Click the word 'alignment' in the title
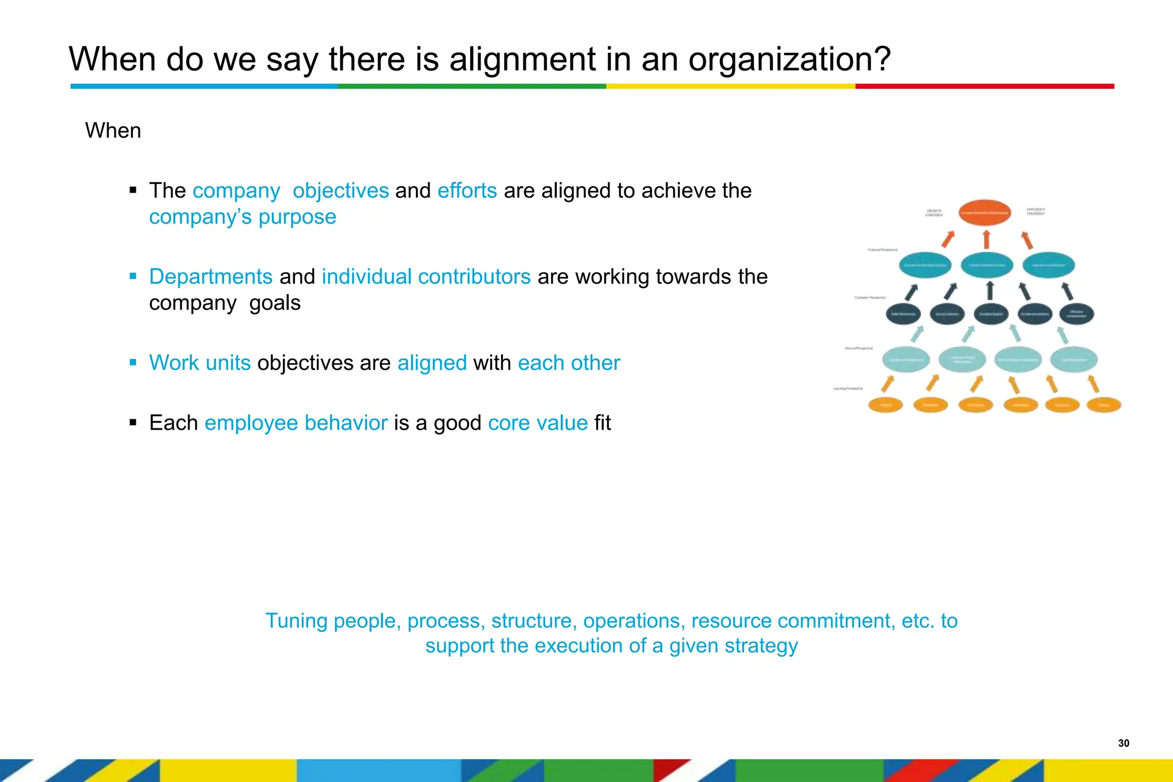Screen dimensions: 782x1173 [x=522, y=59]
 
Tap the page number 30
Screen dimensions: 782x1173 [x=1123, y=743]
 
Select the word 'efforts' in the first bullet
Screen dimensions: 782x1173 [x=467, y=191]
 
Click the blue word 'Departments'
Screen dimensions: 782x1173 [x=210, y=277]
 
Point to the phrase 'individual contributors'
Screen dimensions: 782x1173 [x=426, y=277]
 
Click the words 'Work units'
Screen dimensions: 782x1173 [x=199, y=363]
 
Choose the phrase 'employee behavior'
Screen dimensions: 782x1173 [x=296, y=423]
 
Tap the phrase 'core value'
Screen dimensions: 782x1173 [x=537, y=423]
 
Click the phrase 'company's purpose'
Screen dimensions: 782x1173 [x=242, y=217]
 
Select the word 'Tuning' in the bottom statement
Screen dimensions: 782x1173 [x=296, y=621]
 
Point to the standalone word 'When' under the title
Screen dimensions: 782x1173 [x=113, y=131]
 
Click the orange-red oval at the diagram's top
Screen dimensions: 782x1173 [x=985, y=213]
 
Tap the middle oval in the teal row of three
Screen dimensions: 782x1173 [x=986, y=265]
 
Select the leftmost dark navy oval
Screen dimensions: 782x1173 [x=903, y=314]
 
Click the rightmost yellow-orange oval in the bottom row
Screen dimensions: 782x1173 [x=1104, y=405]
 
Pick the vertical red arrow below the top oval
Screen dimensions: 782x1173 [x=986, y=239]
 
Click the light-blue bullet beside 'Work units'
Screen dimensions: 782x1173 [x=133, y=362]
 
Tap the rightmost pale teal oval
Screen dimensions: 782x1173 [x=1073, y=360]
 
